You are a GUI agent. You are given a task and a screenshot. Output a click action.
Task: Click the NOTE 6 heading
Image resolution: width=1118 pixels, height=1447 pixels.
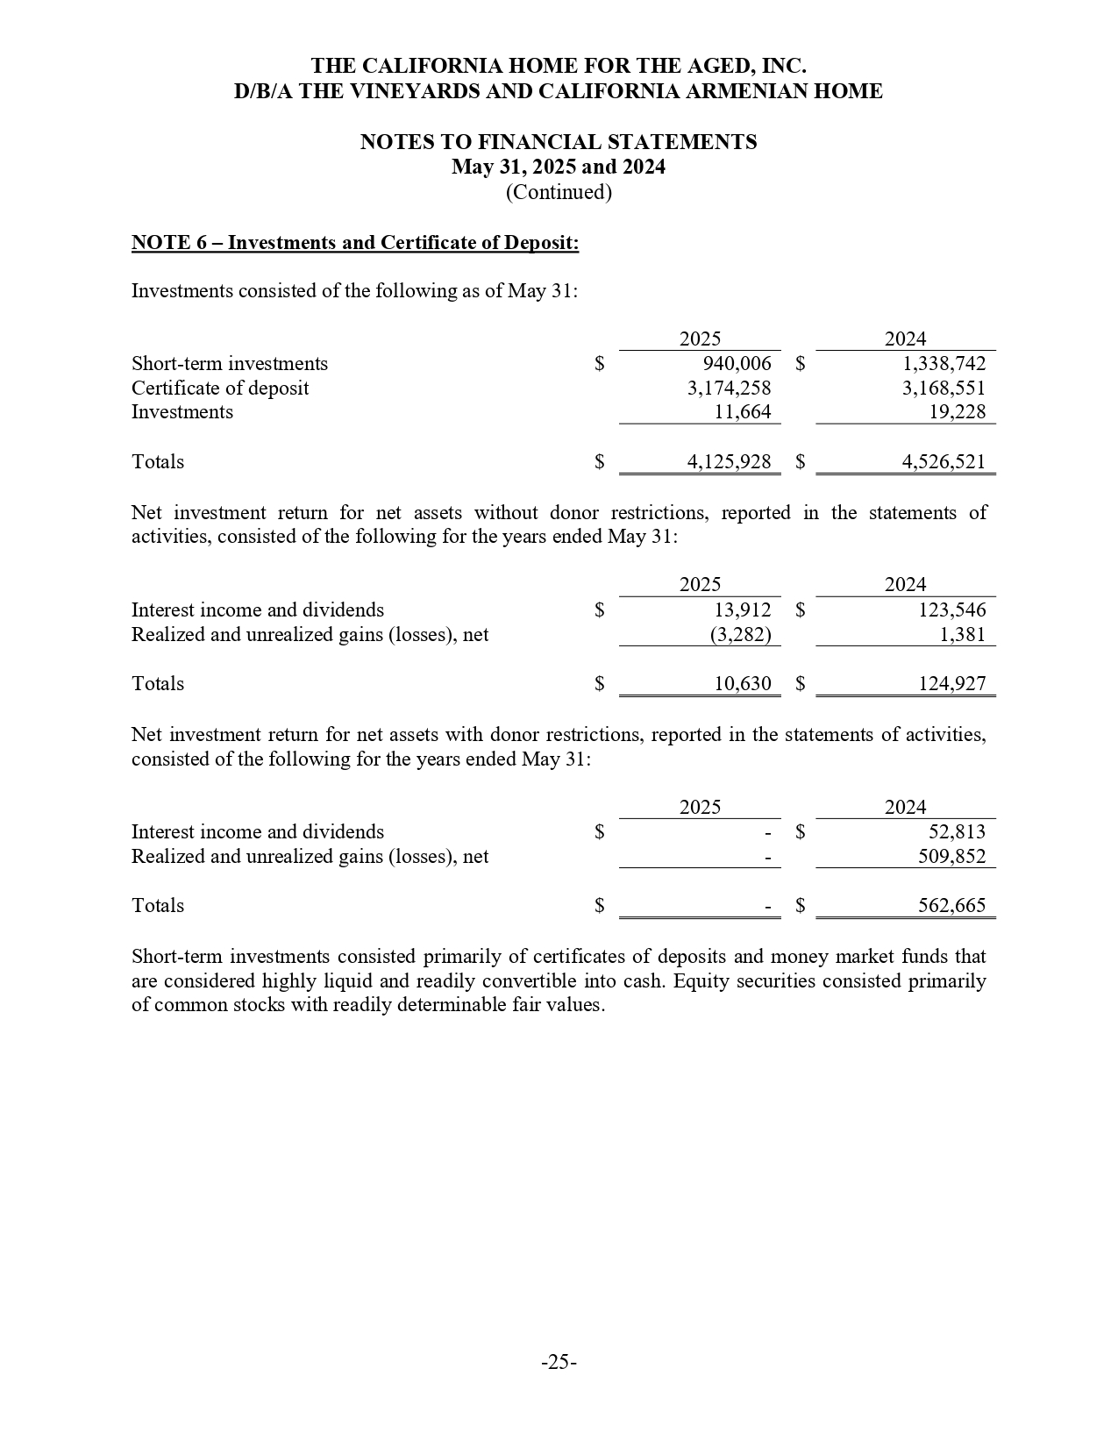pyautogui.click(x=355, y=243)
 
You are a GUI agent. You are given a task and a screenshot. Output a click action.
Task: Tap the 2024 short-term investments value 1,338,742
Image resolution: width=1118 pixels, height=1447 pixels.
pyautogui.click(x=944, y=364)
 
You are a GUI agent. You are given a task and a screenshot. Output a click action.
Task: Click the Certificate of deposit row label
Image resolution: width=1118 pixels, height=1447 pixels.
pyautogui.click(x=220, y=388)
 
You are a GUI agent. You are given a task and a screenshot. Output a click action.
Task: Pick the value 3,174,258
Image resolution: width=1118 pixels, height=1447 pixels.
pyautogui.click(x=729, y=388)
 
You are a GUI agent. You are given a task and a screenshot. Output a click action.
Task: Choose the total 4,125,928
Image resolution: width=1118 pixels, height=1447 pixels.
pyautogui.click(x=729, y=462)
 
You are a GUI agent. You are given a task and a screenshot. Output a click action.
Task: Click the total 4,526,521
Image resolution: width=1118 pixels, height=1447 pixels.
pyautogui.click(x=944, y=462)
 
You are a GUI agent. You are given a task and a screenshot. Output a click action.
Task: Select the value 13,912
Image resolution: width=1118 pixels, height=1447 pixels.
pyautogui.click(x=742, y=610)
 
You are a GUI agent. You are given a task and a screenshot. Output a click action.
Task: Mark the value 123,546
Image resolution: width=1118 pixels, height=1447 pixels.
pyautogui.click(x=951, y=610)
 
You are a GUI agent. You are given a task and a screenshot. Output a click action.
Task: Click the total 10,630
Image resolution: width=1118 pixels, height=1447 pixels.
pyautogui.click(x=742, y=684)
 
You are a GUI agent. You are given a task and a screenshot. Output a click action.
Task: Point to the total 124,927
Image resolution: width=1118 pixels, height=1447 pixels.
pyautogui.click(x=951, y=684)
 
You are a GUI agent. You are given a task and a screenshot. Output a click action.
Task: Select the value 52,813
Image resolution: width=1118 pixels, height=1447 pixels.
pyautogui.click(x=957, y=832)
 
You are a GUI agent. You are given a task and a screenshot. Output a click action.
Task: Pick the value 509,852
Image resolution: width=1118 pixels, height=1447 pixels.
pyautogui.click(x=951, y=857)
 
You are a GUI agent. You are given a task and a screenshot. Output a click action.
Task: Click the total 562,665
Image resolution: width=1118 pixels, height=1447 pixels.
pyautogui.click(x=951, y=906)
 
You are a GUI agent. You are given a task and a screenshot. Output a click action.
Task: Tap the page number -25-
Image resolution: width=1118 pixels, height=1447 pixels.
pyautogui.click(x=559, y=1362)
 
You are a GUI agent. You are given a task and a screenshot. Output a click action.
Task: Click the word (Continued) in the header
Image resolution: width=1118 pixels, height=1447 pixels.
pyautogui.click(x=559, y=192)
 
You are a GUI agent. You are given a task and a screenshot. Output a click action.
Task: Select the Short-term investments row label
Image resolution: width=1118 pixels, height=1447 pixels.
pyautogui.click(x=230, y=364)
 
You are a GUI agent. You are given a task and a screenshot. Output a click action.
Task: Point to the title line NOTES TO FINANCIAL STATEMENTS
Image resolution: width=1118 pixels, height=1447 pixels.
pyautogui.click(x=559, y=142)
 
